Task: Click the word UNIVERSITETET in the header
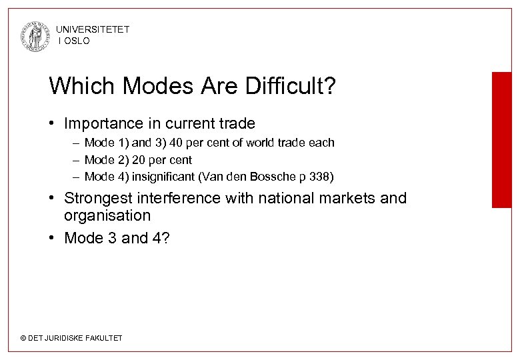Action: [x=93, y=30]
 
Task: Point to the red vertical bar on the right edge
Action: [x=502, y=140]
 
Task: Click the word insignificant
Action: [x=159, y=177]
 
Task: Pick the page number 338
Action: [x=323, y=177]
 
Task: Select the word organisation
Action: [x=107, y=216]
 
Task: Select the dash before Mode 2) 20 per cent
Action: [x=76, y=160]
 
